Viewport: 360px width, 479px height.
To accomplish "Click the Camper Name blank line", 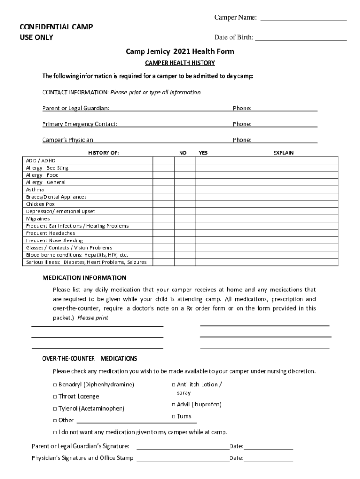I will pos(303,19).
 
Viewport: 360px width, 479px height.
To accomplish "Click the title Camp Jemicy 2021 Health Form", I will pos(180,51).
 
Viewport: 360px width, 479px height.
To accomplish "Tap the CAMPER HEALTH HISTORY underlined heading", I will pos(180,63).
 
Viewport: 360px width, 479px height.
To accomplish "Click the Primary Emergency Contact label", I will pos(80,124).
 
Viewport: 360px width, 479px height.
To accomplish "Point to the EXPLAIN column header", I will pos(283,153).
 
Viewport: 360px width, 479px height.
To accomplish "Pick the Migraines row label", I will pos(38,218).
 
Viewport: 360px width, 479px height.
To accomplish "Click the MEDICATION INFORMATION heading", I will pos(84,277).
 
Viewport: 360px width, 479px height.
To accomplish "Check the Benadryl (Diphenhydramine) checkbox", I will pos(55,385).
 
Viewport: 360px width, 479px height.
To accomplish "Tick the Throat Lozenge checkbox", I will pos(55,397).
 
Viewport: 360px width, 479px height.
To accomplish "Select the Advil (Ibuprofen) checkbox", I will pos(173,405).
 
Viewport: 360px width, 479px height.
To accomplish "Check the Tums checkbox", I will pos(173,417).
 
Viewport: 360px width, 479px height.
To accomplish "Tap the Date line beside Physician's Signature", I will pos(268,458).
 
